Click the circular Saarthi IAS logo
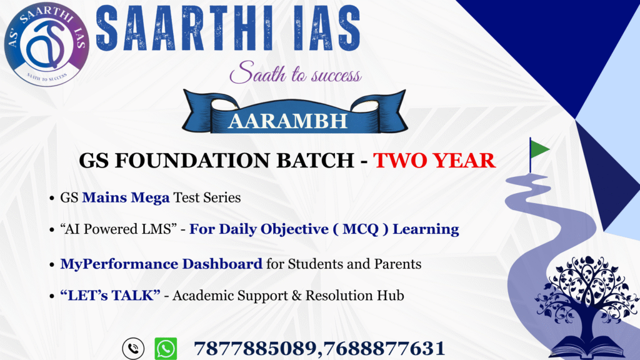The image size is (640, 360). click(x=46, y=44)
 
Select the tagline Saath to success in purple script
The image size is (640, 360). click(x=296, y=72)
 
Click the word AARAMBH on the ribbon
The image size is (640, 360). click(x=287, y=121)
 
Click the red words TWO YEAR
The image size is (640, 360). click(x=434, y=160)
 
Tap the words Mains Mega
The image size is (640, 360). click(x=126, y=197)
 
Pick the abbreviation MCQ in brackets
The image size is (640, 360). click(x=361, y=229)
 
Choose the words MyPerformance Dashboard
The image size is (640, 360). click(x=161, y=264)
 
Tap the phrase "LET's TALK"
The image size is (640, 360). click(x=110, y=295)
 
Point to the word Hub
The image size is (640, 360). click(x=391, y=295)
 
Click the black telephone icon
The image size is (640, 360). click(x=133, y=349)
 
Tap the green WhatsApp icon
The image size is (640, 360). click(x=166, y=349)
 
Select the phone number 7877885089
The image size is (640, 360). click(x=255, y=349)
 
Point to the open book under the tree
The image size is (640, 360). click(x=587, y=348)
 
